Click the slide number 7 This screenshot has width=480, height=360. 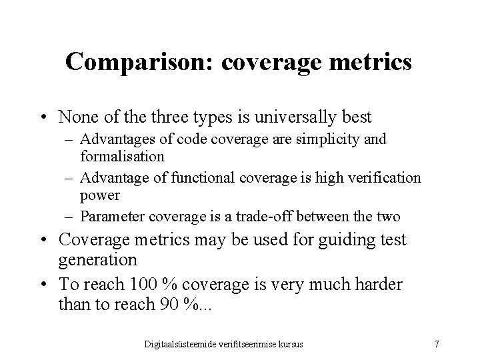(436, 343)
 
